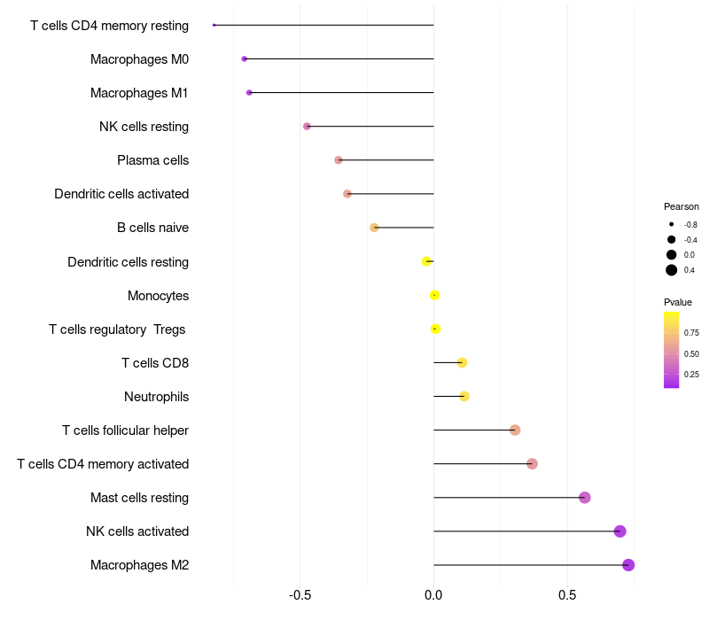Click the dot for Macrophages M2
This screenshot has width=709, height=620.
[x=628, y=565]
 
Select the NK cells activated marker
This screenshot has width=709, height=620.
[x=619, y=531]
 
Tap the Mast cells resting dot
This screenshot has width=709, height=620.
[x=584, y=498]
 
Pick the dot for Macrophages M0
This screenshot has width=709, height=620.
[x=244, y=58]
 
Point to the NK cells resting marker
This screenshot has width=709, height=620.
[x=307, y=127]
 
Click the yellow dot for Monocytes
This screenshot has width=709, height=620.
[x=434, y=295]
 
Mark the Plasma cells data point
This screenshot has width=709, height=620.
[x=338, y=160]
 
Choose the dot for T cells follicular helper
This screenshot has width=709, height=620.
[x=515, y=430]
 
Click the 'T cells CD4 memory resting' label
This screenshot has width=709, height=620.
[x=109, y=26]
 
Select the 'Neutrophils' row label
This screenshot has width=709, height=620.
[x=156, y=397]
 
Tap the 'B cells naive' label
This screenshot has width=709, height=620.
[x=152, y=228]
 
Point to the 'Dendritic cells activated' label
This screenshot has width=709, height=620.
[x=121, y=194]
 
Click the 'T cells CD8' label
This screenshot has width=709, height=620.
[x=155, y=363]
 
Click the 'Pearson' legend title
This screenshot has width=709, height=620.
[x=682, y=206]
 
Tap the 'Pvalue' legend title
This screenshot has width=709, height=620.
[x=678, y=302]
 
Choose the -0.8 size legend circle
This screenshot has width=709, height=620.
[x=672, y=225]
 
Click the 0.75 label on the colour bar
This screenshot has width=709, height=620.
[x=691, y=333]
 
